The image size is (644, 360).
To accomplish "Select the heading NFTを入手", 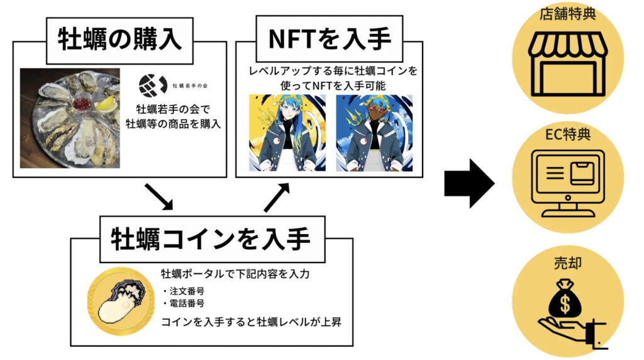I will pos(330,39).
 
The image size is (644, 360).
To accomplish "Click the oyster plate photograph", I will pos(69,118).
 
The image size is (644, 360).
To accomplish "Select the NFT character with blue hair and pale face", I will pos(287,132).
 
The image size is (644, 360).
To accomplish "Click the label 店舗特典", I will pos(568,13).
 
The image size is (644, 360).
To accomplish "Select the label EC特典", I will pos(568,134).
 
